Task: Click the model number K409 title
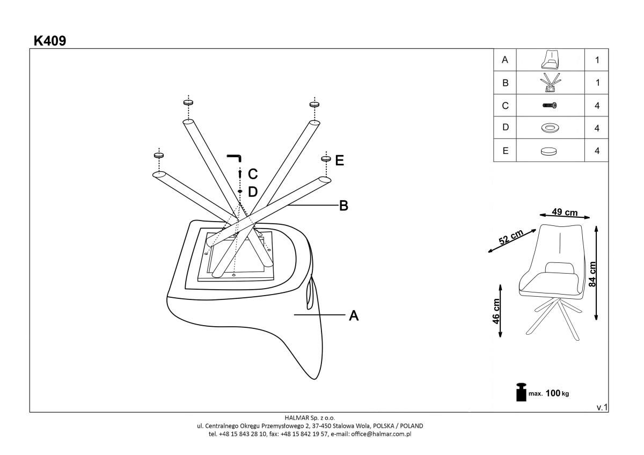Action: click(x=50, y=41)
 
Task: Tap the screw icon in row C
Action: click(x=550, y=106)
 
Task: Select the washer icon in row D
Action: click(x=550, y=128)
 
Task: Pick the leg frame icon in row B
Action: click(x=550, y=83)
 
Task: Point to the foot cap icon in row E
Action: click(x=548, y=151)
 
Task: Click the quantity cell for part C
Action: click(x=597, y=106)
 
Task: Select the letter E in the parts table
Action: click(x=505, y=151)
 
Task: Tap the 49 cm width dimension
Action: click(x=565, y=212)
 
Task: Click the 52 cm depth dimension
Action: click(x=511, y=237)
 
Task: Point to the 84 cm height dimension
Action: click(x=592, y=274)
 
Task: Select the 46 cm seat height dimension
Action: click(x=496, y=311)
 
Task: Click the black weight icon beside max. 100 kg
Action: click(x=521, y=392)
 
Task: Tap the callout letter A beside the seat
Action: click(x=354, y=315)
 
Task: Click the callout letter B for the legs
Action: click(x=343, y=206)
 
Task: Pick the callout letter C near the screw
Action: click(x=253, y=174)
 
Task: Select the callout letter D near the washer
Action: click(x=253, y=192)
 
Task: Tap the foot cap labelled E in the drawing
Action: click(x=326, y=158)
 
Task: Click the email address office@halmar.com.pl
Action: click(x=381, y=434)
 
